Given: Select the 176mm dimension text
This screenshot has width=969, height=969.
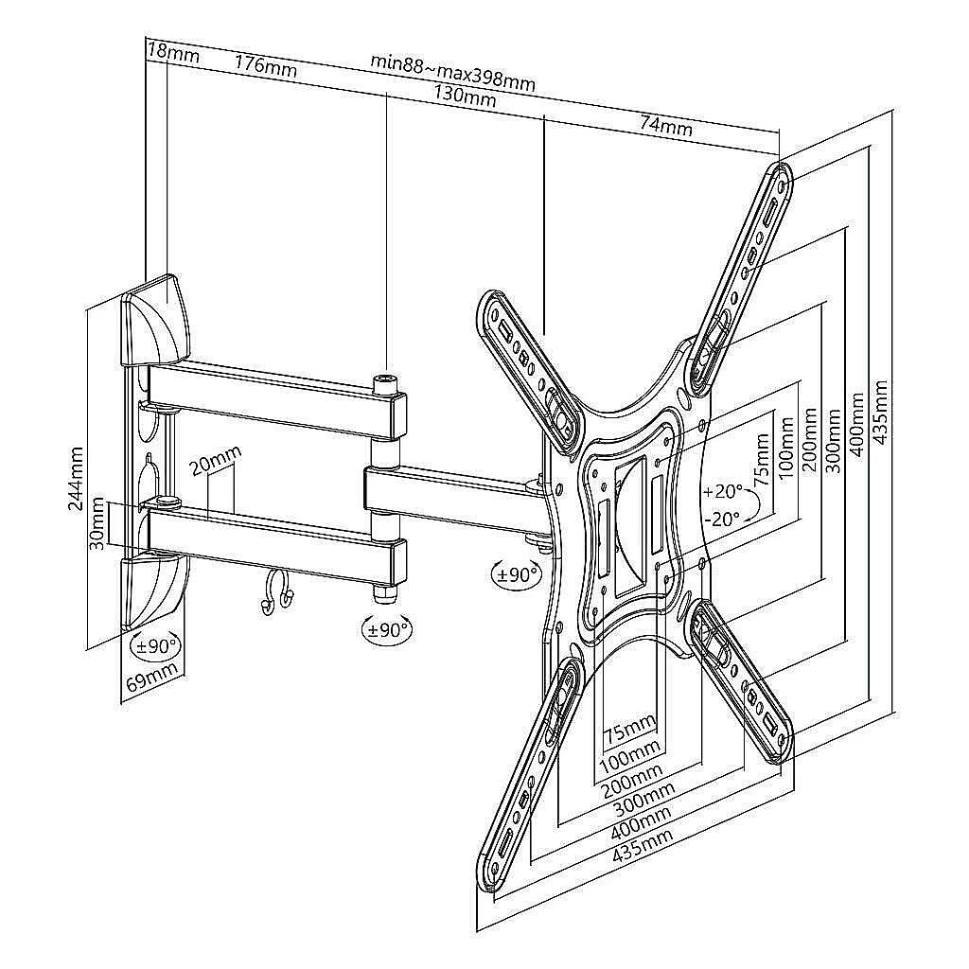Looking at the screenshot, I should point(265,66).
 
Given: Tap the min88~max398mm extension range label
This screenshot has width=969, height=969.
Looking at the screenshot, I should point(452,72).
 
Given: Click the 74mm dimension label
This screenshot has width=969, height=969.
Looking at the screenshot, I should point(665,123).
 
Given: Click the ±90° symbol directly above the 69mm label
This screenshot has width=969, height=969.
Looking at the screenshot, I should point(153,647).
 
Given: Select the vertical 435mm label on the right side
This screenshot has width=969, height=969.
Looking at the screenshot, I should point(881,416).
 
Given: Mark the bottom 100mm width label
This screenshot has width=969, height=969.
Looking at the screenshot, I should point(630,754).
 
